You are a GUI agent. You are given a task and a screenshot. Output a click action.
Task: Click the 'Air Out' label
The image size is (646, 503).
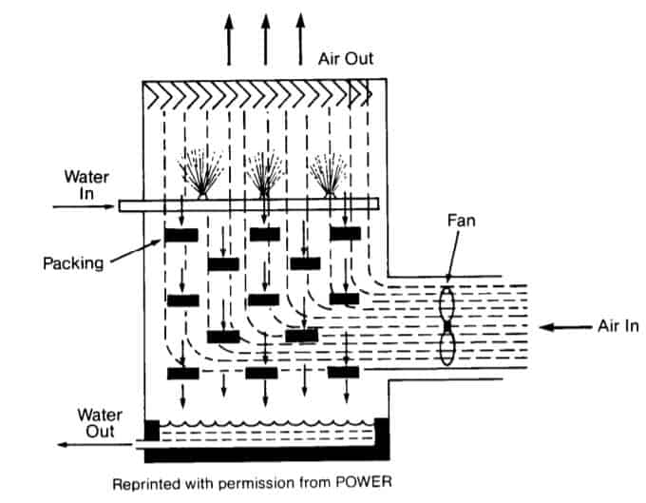(x=347, y=59)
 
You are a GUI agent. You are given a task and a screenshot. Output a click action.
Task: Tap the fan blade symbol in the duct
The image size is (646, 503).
(x=446, y=324)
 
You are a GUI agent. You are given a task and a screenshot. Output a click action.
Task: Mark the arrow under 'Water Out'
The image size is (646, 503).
(x=81, y=443)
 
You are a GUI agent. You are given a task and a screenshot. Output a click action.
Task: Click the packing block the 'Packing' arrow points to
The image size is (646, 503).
(x=180, y=234)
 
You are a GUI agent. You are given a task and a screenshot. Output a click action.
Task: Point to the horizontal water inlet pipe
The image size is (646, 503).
(x=247, y=203)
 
